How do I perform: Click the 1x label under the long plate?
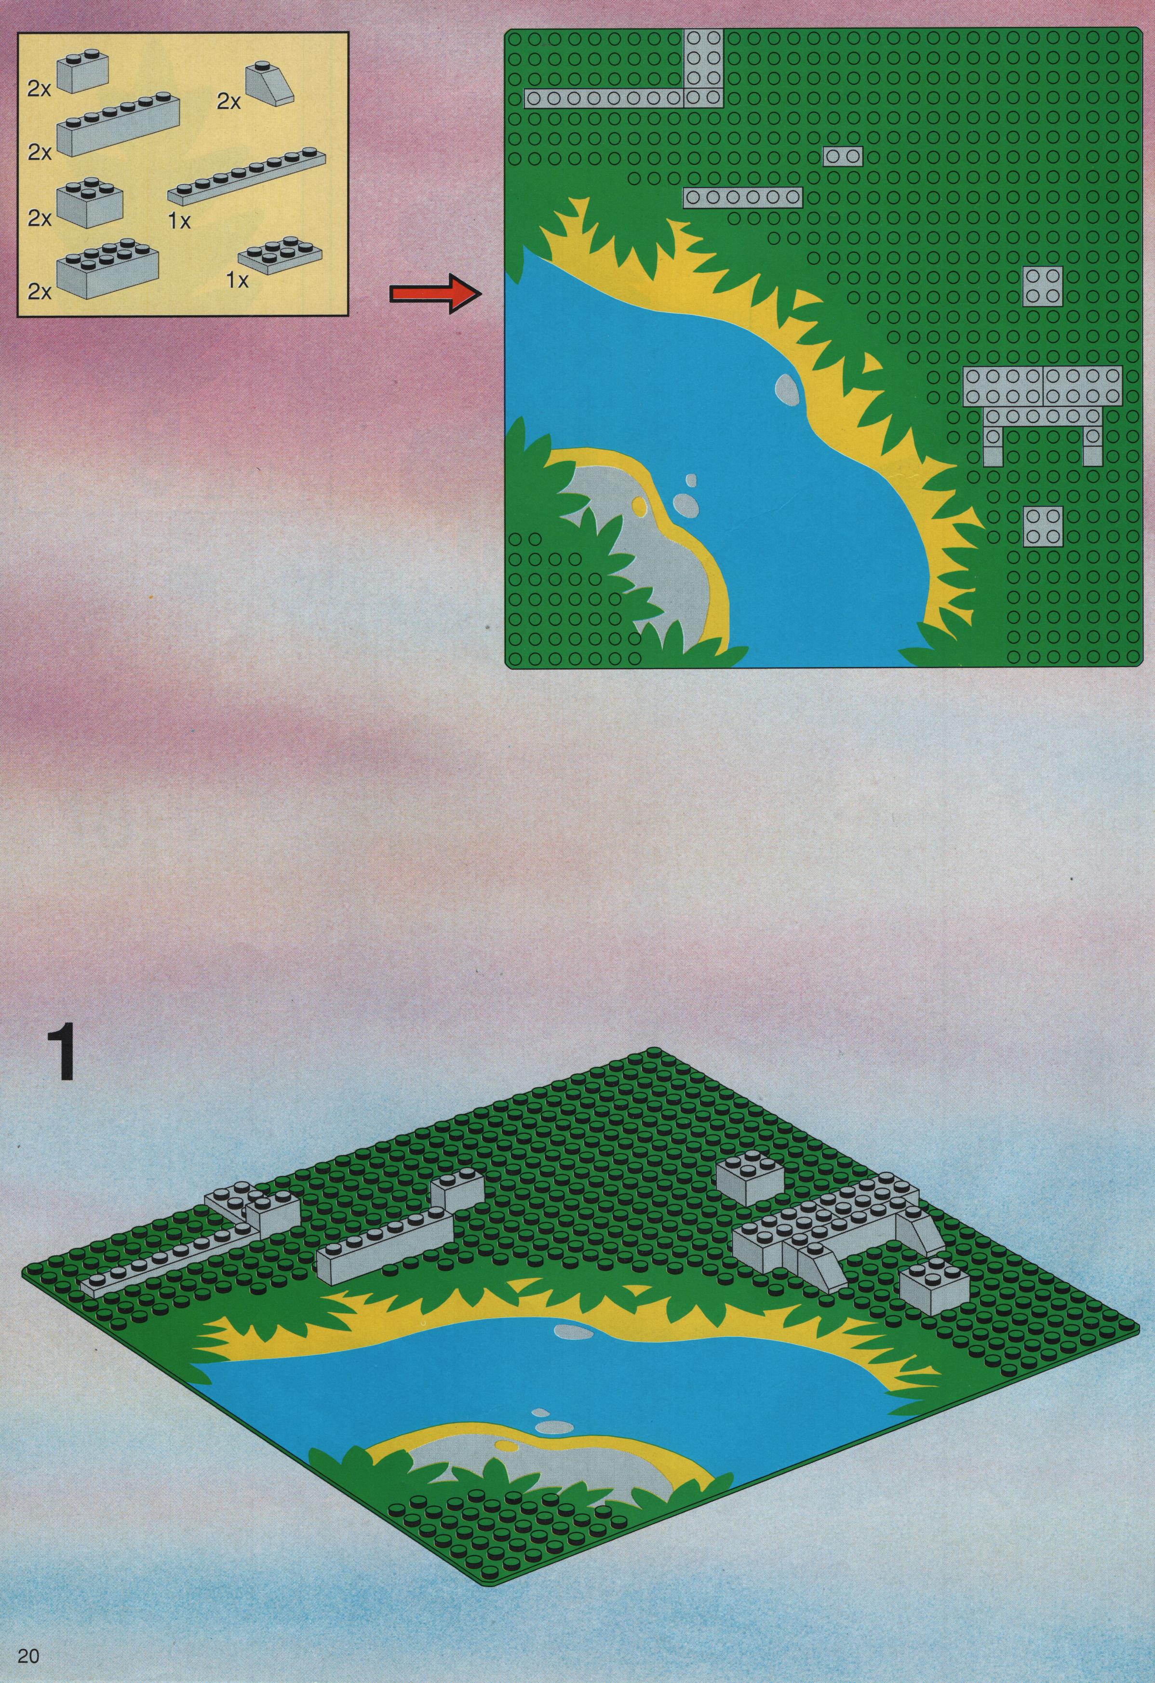178,222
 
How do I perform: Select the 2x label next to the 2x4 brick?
40,291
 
